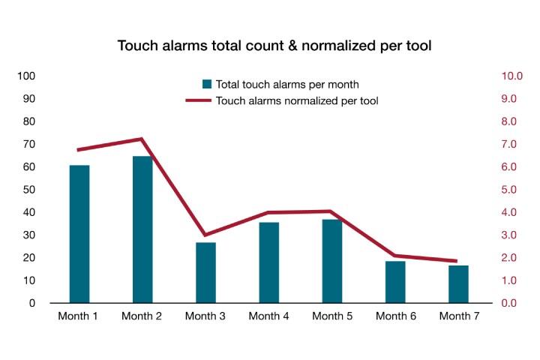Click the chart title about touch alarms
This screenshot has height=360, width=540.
(x=274, y=46)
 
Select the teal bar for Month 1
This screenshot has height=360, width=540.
(x=79, y=234)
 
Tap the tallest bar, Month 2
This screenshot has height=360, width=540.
(x=142, y=229)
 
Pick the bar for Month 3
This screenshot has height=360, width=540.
(x=205, y=272)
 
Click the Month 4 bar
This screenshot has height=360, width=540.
(x=269, y=262)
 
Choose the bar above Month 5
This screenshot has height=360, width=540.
(x=332, y=261)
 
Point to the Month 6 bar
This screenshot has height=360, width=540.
(x=395, y=282)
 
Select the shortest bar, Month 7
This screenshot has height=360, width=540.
(x=458, y=284)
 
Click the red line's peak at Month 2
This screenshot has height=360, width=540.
(x=141, y=139)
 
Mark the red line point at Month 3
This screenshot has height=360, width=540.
(x=205, y=235)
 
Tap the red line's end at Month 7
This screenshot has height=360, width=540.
(x=457, y=261)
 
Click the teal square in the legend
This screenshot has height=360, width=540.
(x=206, y=84)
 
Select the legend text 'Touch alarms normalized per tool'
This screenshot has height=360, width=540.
(x=297, y=100)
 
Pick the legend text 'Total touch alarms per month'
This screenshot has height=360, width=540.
(x=287, y=84)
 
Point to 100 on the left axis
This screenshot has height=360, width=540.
(x=27, y=76)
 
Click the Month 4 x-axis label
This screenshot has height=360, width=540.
(x=268, y=316)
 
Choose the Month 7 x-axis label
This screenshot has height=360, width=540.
(x=458, y=316)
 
